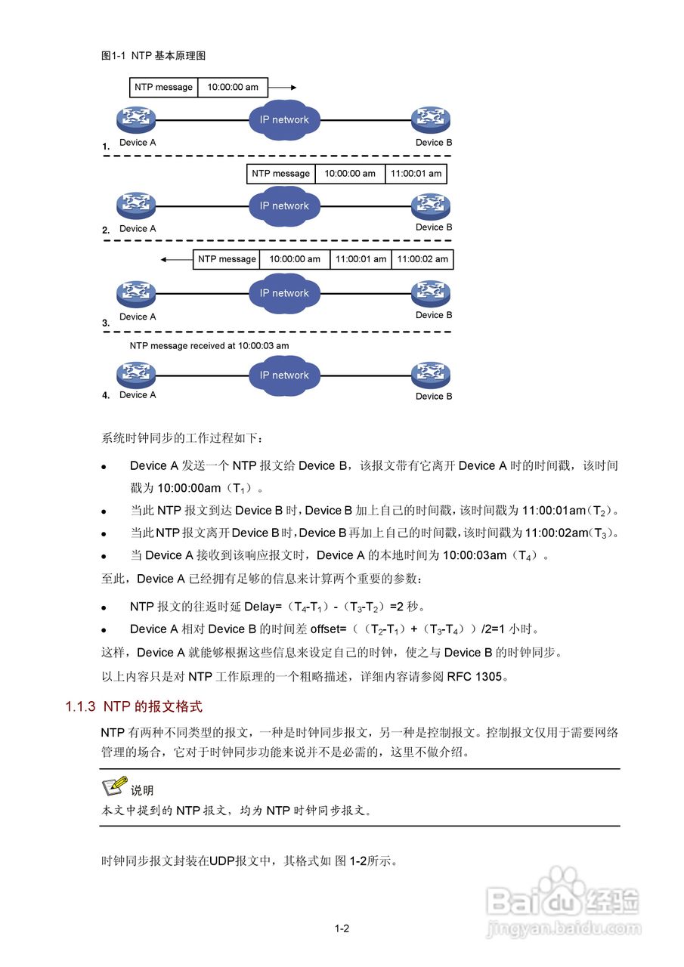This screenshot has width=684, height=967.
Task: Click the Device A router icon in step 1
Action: pos(136,119)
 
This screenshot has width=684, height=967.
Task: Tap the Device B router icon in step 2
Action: pos(431,205)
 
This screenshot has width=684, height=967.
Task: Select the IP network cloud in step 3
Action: pos(284,293)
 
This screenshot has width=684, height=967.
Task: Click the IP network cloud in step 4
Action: pos(284,375)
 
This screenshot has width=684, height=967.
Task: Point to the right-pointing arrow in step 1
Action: pos(283,88)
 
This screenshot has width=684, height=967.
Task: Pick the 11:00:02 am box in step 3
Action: pos(422,259)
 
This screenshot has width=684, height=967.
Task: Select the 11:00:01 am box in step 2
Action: pos(416,174)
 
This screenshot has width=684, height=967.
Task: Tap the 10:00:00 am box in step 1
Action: pos(233,88)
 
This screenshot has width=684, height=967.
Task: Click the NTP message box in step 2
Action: pos(280,174)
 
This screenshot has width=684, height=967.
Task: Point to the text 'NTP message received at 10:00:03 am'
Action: pos(209,346)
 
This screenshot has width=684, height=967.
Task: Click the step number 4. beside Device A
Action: pos(106,395)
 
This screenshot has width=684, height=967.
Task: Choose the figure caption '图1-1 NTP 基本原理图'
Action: pos(153,56)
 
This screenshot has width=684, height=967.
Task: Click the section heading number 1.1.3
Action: pos(80,707)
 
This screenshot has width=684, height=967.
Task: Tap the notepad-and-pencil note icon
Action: pos(114,787)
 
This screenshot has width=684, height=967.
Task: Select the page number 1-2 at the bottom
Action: pos(342,928)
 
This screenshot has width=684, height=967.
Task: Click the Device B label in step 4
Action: pos(434,397)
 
